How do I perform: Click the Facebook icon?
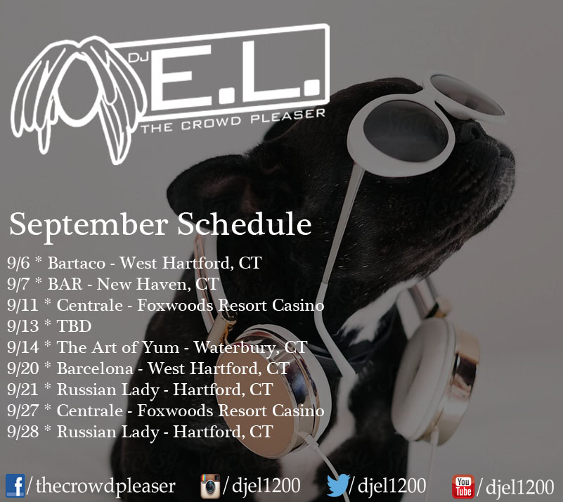coord(15,486)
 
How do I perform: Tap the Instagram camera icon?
coord(210,486)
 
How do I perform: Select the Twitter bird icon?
coord(338,484)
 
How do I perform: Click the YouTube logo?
coord(462,487)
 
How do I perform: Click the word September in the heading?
coord(89,225)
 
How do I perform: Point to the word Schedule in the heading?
coord(244,224)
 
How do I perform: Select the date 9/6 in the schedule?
coord(18,263)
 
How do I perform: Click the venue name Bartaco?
coord(77,263)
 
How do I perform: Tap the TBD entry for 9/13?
coord(74,326)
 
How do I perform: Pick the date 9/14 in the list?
coord(23,347)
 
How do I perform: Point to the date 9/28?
coord(23,432)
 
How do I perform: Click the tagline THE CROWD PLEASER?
coord(233,121)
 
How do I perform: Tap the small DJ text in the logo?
coord(138,57)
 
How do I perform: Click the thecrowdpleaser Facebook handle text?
coord(105,487)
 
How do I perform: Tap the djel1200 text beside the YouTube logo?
coord(519,487)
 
